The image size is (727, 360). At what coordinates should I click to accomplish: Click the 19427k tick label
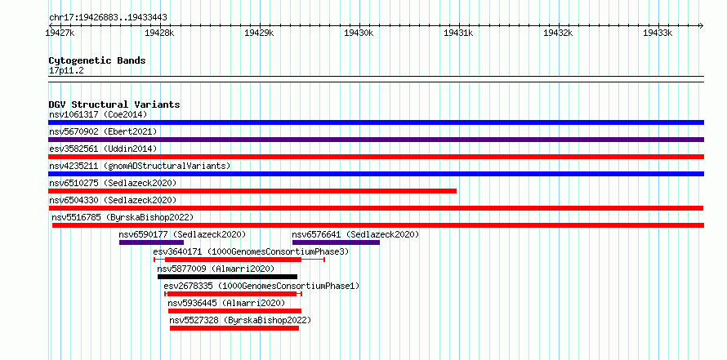(60, 33)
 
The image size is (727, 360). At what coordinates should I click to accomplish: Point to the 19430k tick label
(359, 33)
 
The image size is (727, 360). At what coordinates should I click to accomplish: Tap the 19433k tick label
(658, 33)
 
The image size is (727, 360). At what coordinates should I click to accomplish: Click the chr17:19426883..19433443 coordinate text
(108, 18)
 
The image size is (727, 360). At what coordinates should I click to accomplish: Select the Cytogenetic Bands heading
(97, 60)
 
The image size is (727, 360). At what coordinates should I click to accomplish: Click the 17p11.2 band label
(66, 71)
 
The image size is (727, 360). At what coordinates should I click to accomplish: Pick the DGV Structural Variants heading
(114, 104)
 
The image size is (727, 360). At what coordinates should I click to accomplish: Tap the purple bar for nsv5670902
(376, 140)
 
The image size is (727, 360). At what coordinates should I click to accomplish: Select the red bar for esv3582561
(376, 157)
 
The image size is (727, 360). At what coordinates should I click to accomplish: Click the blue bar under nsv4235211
(376, 174)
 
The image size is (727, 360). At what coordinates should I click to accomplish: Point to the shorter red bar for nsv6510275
(252, 191)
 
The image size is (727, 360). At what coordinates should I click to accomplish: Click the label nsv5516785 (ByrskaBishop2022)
(123, 217)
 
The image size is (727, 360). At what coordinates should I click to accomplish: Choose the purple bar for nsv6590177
(152, 242)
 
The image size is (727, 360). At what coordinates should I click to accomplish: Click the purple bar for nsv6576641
(337, 242)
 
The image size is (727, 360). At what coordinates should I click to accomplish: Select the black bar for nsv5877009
(227, 277)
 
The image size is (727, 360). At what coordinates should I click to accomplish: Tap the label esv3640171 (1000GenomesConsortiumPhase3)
(251, 251)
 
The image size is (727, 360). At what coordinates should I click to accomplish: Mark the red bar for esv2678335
(234, 294)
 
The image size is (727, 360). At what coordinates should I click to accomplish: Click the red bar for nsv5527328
(234, 328)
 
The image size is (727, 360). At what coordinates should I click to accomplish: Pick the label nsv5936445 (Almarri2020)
(226, 303)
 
